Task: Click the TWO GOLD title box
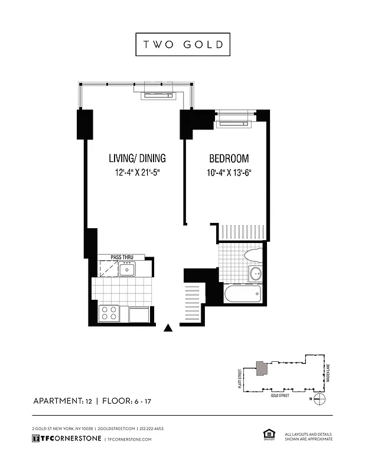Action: [182, 44]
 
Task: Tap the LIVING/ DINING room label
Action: [137, 158]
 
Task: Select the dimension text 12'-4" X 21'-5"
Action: [137, 173]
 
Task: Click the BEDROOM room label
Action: [229, 158]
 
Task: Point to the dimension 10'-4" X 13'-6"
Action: [229, 173]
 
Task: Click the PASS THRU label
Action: [122, 257]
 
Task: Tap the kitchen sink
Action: [127, 270]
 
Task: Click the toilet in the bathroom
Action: [253, 255]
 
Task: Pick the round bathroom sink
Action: [256, 274]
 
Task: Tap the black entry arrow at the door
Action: [168, 328]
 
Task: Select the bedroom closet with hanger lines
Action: [241, 232]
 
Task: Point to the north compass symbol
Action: [320, 399]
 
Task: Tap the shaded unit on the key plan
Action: [260, 368]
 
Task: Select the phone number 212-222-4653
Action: [152, 428]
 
